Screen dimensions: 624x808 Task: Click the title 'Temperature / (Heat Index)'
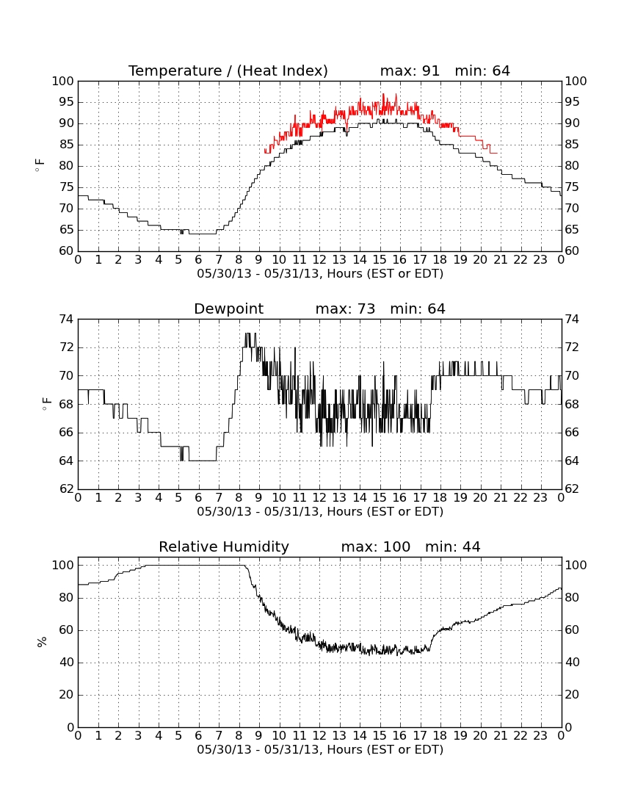tap(228, 71)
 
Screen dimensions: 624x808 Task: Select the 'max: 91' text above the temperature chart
tap(410, 71)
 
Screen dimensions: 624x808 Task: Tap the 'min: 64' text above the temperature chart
tap(482, 71)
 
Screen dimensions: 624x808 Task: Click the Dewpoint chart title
tap(228, 309)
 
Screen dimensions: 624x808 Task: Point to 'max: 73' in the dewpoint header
tap(346, 309)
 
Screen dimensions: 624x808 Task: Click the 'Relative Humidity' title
tap(224, 547)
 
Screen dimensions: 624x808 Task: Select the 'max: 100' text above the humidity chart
tap(376, 547)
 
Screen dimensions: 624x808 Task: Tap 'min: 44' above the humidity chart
tap(452, 547)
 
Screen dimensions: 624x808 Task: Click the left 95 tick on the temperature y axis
tap(63, 102)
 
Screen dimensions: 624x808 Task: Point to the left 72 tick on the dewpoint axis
tap(67, 347)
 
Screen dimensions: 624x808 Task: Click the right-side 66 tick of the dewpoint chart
tap(573, 433)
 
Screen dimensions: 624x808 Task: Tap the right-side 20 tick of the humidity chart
tap(573, 695)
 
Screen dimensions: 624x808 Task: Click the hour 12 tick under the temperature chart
tap(319, 260)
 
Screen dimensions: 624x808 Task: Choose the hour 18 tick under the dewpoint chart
tap(440, 498)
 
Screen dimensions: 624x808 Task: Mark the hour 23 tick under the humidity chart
tap(540, 736)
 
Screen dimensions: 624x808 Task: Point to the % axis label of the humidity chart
tap(42, 641)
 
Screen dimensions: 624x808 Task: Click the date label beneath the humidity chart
tap(320, 749)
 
